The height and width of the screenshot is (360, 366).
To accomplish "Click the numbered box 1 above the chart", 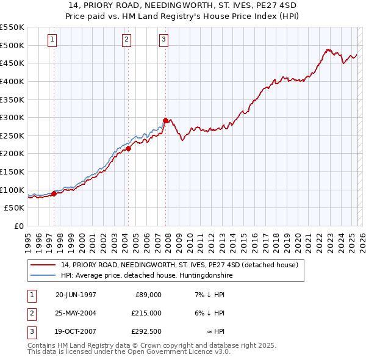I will pos(52,40).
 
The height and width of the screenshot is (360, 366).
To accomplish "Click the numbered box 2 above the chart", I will pos(126,40).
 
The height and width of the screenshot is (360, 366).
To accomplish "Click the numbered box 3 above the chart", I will pos(164,40).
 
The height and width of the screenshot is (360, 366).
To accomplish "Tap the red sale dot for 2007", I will pos(166,120).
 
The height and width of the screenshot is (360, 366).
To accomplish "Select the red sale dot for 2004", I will pos(129,148).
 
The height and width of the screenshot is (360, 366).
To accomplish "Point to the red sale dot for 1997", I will pos(54,193).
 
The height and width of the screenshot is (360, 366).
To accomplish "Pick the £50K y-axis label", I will pos(14,208).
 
